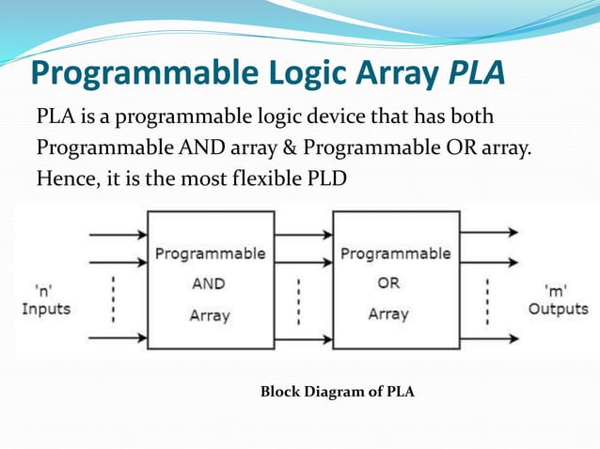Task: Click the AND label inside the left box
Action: point(210,284)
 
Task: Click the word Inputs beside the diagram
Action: point(47,308)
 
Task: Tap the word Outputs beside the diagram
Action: point(558,308)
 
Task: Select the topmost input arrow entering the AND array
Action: point(117,231)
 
